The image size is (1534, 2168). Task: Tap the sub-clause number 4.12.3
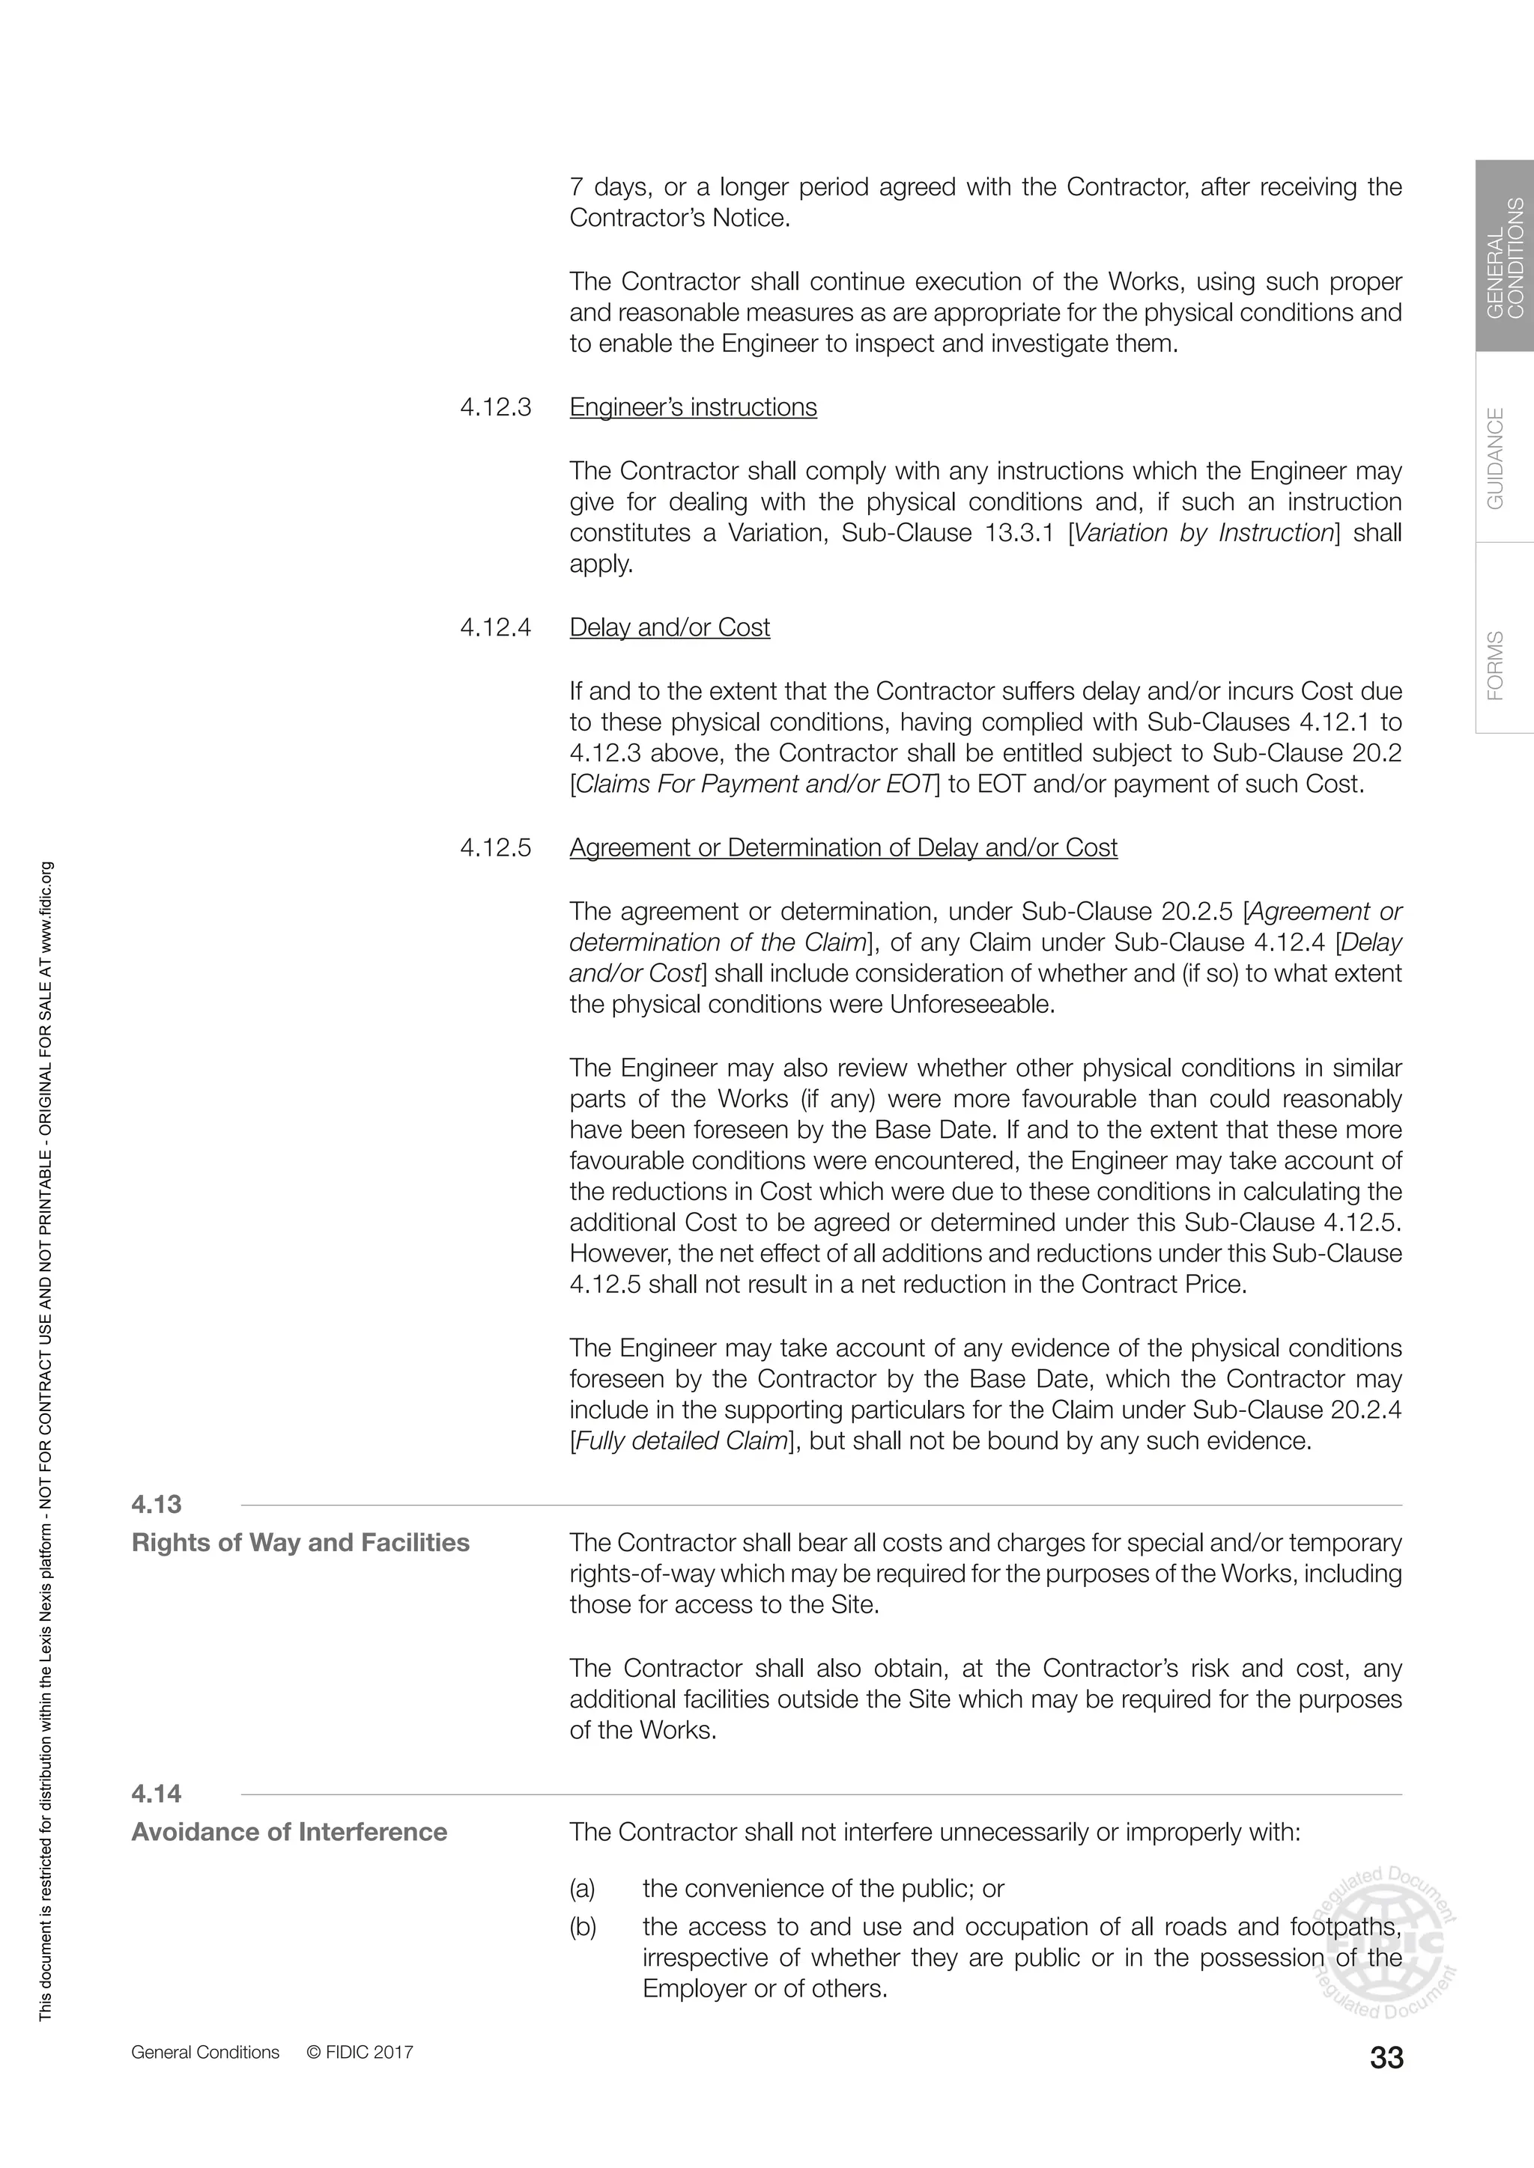click(x=496, y=407)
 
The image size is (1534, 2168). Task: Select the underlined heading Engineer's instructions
click(x=694, y=407)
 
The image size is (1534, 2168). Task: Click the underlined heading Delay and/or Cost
click(x=670, y=627)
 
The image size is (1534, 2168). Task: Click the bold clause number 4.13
click(x=157, y=1504)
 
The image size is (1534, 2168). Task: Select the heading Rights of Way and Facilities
click(x=300, y=1543)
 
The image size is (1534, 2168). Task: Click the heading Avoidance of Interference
click(x=289, y=1832)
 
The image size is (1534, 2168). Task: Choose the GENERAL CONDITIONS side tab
click(x=1505, y=257)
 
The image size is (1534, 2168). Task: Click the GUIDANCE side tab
click(x=1497, y=458)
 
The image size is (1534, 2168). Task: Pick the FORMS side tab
click(x=1497, y=665)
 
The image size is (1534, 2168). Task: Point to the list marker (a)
click(x=583, y=1889)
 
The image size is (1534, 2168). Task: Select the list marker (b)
click(x=583, y=1927)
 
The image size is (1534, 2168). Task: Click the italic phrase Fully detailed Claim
click(x=680, y=1441)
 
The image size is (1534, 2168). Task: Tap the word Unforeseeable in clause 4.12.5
click(x=970, y=1004)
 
